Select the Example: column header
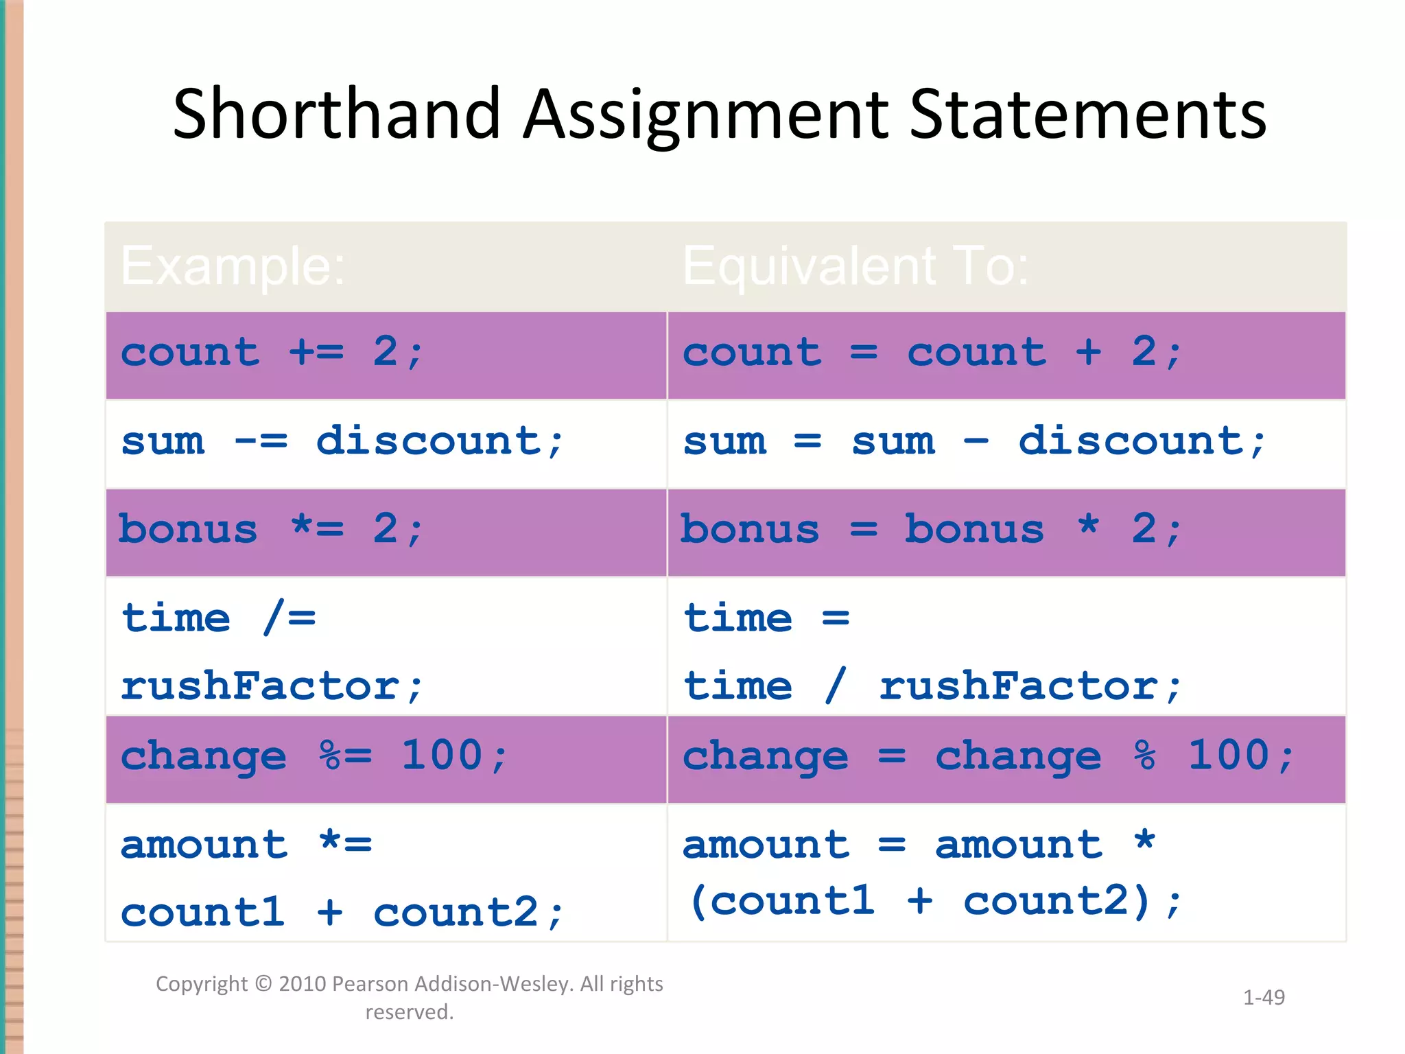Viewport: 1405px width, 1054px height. tap(233, 266)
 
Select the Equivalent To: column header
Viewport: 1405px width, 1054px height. tap(855, 266)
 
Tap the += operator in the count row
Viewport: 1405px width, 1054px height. tap(316, 353)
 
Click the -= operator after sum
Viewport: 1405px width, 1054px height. tap(261, 441)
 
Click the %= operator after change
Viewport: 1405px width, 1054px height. tap(345, 756)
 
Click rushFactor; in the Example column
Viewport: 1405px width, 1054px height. tap(272, 686)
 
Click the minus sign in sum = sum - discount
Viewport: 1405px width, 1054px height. tap(976, 441)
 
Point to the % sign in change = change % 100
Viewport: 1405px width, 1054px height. tap(1144, 756)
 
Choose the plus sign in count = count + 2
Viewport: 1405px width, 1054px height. tap(1088, 353)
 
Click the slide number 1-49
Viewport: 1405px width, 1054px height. tap(1264, 997)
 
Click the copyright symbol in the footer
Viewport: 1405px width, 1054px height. tap(263, 984)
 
